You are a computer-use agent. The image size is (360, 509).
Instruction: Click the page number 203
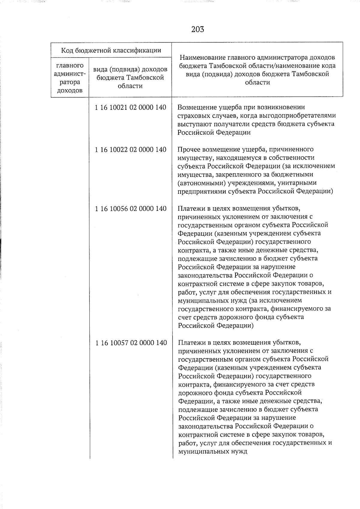pyautogui.click(x=197, y=29)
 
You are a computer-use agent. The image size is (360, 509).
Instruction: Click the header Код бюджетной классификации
pyautogui.click(x=111, y=50)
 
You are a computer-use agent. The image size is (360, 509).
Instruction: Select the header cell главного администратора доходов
pyautogui.click(x=70, y=78)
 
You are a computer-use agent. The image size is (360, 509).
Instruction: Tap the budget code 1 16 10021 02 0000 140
pyautogui.click(x=130, y=107)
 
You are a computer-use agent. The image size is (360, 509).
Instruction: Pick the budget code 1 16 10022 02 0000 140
pyautogui.click(x=130, y=149)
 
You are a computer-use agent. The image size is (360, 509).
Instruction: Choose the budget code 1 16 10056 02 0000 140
pyautogui.click(x=130, y=208)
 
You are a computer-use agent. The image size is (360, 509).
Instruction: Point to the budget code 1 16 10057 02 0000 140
pyautogui.click(x=131, y=343)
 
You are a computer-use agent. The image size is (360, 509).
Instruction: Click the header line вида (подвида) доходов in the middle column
pyautogui.click(x=130, y=70)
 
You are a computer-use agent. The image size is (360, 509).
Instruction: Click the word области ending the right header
pyautogui.click(x=257, y=82)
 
